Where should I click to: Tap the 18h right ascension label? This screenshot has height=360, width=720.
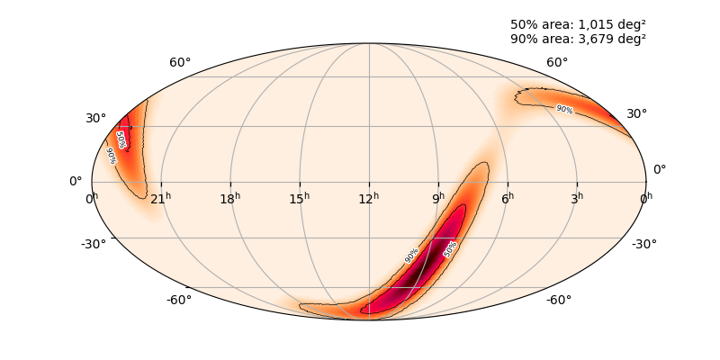coord(230,197)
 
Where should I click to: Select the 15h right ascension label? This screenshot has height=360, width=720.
coord(300,197)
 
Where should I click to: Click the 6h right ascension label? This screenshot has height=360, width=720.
coord(508,197)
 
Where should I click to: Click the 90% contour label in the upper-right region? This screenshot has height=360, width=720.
coord(564,109)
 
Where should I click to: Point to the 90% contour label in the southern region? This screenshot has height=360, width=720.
coord(411,256)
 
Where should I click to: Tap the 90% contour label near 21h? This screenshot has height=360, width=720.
coord(111,156)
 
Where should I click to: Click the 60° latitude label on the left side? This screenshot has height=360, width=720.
coord(180,63)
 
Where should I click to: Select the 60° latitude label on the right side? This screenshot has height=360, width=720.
coord(557,63)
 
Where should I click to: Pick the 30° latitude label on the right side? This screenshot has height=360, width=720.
coord(637,114)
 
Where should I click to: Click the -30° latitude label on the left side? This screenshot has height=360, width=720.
coord(94,244)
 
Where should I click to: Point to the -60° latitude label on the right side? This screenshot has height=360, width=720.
coord(558,300)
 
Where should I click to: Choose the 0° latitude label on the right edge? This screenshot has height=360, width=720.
coord(660,169)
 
